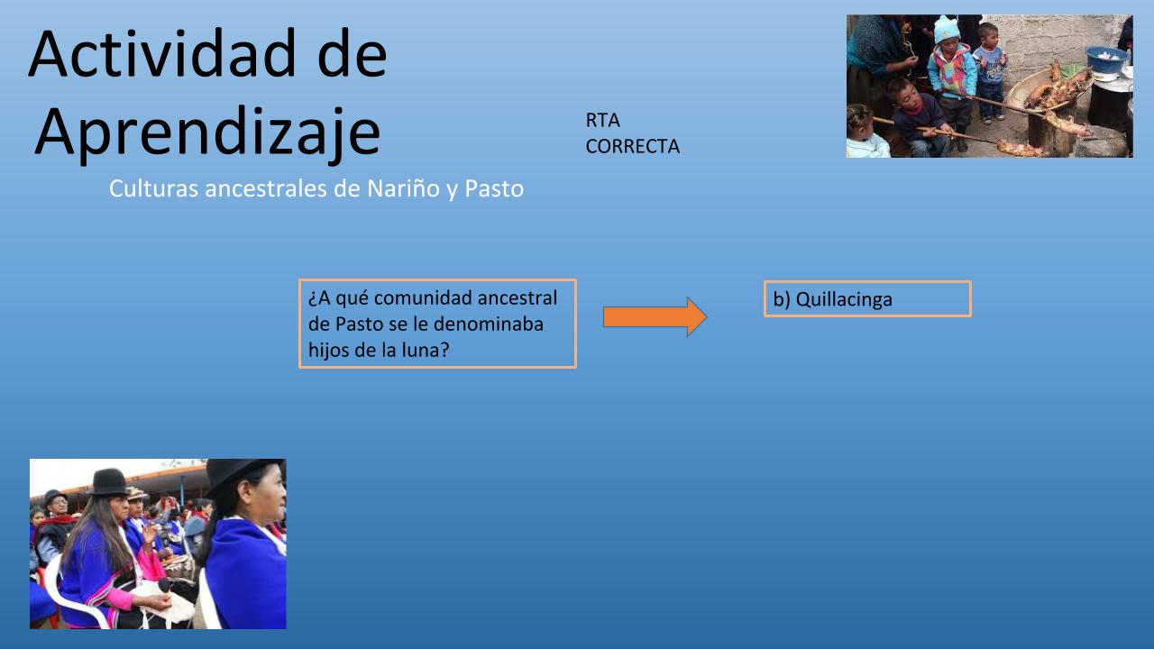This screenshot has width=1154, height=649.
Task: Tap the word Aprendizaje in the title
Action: coord(207,133)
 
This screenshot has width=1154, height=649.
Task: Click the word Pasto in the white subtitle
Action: coord(494,188)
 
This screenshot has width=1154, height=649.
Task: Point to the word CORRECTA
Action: coord(633,147)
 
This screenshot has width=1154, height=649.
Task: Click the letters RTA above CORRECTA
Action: coord(602,121)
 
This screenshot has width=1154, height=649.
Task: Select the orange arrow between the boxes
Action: coord(655,316)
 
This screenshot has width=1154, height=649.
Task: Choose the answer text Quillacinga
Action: coord(844,299)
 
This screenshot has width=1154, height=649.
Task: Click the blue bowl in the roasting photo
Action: coord(1106,59)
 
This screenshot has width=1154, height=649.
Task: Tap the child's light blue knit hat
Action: coord(947,30)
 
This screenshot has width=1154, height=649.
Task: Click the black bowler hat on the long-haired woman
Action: coord(109,482)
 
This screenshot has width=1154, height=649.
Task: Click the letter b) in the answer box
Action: coord(782,299)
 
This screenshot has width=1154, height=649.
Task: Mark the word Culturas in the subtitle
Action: coord(153,188)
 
